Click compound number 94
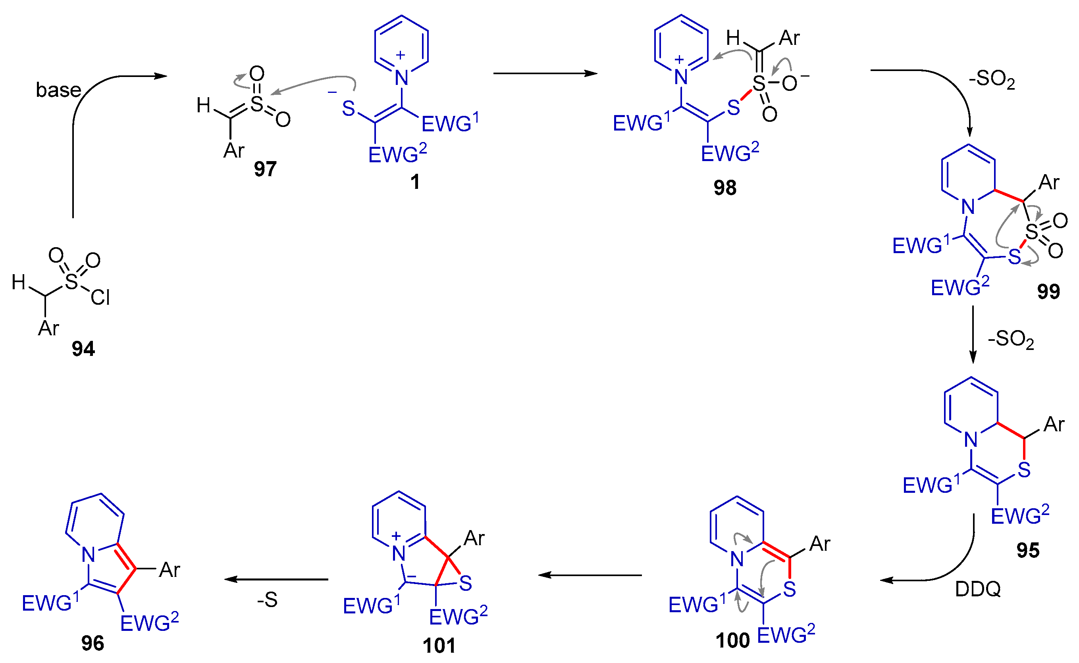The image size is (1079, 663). [83, 349]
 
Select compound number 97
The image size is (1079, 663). [265, 169]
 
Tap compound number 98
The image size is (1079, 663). [725, 188]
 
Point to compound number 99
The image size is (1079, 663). [1048, 291]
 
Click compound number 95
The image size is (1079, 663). [1028, 550]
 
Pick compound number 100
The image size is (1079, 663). [732, 641]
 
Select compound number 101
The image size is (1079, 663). [439, 646]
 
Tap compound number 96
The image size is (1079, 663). [92, 643]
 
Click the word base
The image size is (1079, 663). [58, 90]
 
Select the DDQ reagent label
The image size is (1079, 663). [978, 589]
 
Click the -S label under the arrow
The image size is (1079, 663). [267, 600]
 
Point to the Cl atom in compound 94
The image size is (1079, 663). [100, 298]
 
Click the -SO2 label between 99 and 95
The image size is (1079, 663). [1011, 339]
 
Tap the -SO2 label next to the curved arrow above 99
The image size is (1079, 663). [992, 80]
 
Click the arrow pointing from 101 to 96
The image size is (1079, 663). [276, 579]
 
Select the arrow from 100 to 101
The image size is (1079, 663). [590, 575]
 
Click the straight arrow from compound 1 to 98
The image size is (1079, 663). [545, 74]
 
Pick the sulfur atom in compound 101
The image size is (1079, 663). [465, 583]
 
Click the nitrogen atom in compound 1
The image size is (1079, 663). [401, 78]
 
